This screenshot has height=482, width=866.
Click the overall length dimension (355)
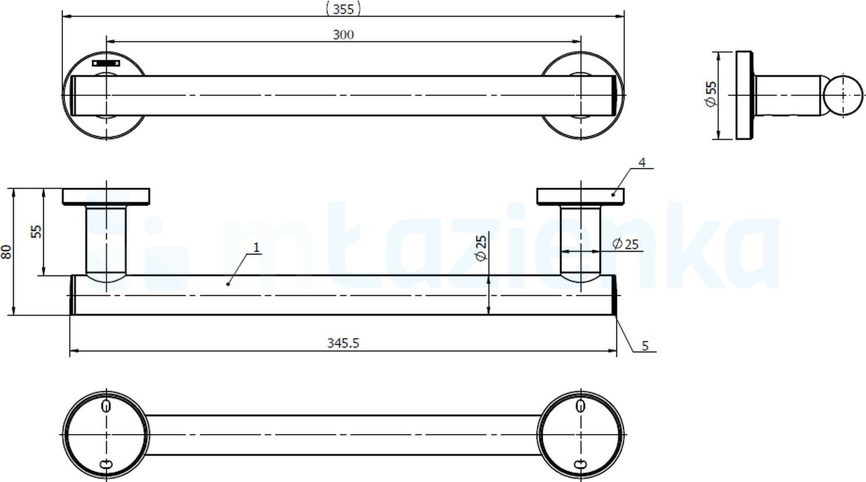click(343, 8)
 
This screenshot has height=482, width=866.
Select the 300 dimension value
click(343, 35)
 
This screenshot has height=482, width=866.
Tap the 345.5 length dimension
click(343, 343)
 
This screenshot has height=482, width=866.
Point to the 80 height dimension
click(6, 251)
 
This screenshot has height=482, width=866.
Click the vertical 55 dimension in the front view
click(36, 231)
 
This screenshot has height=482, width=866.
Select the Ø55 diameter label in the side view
click(711, 94)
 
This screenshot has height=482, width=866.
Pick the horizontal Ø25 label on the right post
click(625, 244)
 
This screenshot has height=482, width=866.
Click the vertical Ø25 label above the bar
click(482, 247)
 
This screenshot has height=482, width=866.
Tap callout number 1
click(256, 248)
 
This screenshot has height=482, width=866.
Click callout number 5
click(645, 346)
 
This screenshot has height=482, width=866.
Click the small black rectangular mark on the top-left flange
click(106, 62)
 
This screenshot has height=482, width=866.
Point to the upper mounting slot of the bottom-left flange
click(106, 406)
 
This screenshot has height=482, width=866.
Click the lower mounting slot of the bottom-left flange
click(106, 464)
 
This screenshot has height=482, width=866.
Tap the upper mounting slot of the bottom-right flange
click(581, 406)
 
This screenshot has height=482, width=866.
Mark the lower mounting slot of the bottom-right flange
click(581, 464)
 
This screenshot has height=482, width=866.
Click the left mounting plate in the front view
click(106, 196)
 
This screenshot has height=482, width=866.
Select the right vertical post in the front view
click(580, 242)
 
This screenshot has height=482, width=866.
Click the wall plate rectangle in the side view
click(744, 95)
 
